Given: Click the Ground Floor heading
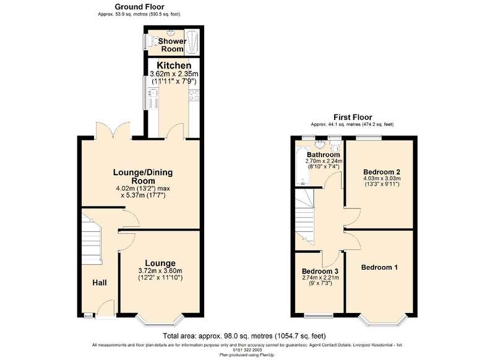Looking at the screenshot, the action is tap(139, 7).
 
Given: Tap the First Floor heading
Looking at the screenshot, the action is tap(353, 118).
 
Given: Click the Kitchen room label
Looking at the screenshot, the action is tap(174, 66).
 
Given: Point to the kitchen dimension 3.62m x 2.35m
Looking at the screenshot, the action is tap(174, 74).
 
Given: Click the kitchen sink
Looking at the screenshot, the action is tap(153, 96).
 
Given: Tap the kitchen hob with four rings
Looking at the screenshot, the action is tap(194, 95).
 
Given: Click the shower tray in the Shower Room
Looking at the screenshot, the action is tap(192, 42).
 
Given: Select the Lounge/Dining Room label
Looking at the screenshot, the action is tap(143, 177).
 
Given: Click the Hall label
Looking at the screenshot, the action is tap(100, 283).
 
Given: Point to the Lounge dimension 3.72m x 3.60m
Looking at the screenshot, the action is tap(160, 271).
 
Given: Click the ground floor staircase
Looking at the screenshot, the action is tap(92, 239).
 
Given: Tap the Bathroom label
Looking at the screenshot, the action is tap(323, 155).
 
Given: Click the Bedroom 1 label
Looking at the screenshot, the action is tap(379, 268).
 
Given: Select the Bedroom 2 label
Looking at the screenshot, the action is tap(382, 173).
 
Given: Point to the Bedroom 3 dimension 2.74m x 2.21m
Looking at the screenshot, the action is tap(321, 278).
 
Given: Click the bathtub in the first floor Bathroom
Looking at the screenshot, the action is tap(303, 167).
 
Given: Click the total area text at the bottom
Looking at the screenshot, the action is tap(244, 336).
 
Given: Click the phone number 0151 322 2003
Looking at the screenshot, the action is tap(247, 350).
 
